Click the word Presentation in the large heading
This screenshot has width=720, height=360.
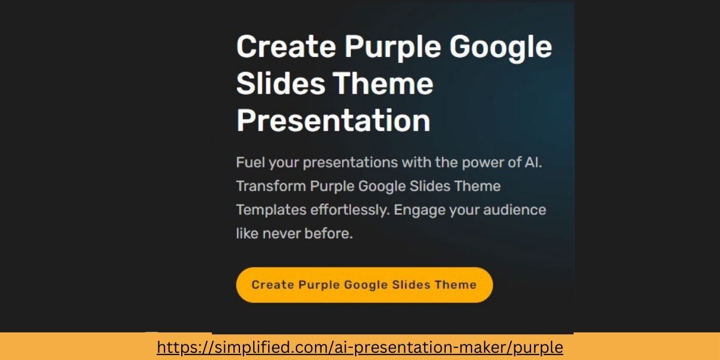click(x=333, y=121)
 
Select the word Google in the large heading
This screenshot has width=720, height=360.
click(x=501, y=47)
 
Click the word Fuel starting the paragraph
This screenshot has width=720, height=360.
click(x=250, y=163)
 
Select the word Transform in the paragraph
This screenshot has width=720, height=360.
click(x=271, y=186)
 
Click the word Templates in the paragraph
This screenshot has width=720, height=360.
click(x=271, y=210)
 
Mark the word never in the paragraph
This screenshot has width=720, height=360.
click(x=284, y=234)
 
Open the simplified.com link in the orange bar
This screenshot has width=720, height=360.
click(x=360, y=347)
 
